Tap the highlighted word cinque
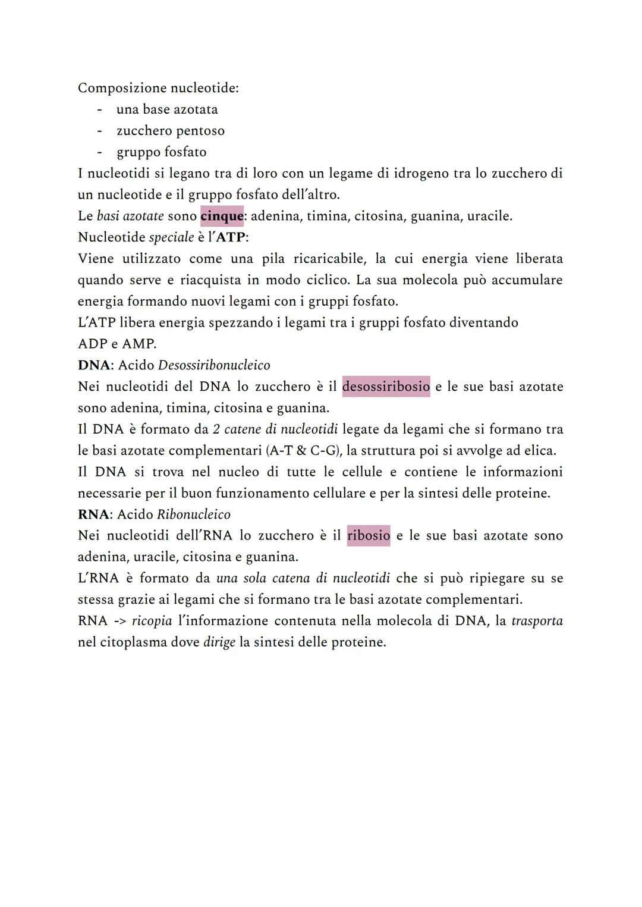coord(222,216)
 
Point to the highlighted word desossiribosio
coord(386,387)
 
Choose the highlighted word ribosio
coord(369,535)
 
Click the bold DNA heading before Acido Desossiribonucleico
coord(94,365)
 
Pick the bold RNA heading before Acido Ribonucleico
coord(93,514)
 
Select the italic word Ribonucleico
coord(193,514)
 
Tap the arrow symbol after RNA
coord(119,621)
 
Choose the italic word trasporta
coord(537,621)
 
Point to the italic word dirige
coord(219,642)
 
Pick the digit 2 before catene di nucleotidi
coord(216,429)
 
